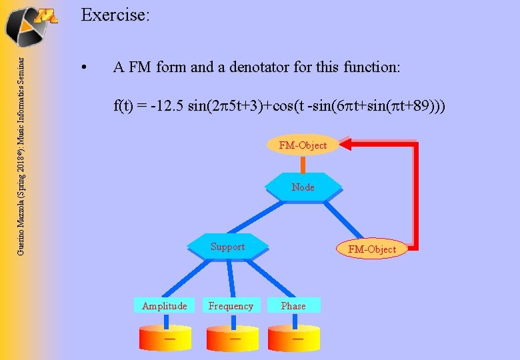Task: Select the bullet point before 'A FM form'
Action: tap(83, 68)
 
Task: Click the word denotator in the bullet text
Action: tap(262, 67)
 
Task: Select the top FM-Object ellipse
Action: tap(303, 145)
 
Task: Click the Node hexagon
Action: tap(303, 187)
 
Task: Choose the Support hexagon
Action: tap(227, 247)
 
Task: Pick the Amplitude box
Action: tap(164, 306)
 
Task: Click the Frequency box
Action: tap(231, 306)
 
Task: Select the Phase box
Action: tap(293, 306)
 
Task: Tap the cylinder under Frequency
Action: tap(233, 337)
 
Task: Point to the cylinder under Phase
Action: tap(295, 337)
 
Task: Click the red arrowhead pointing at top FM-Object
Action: tap(345, 143)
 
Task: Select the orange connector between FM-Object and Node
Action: tap(303, 165)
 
